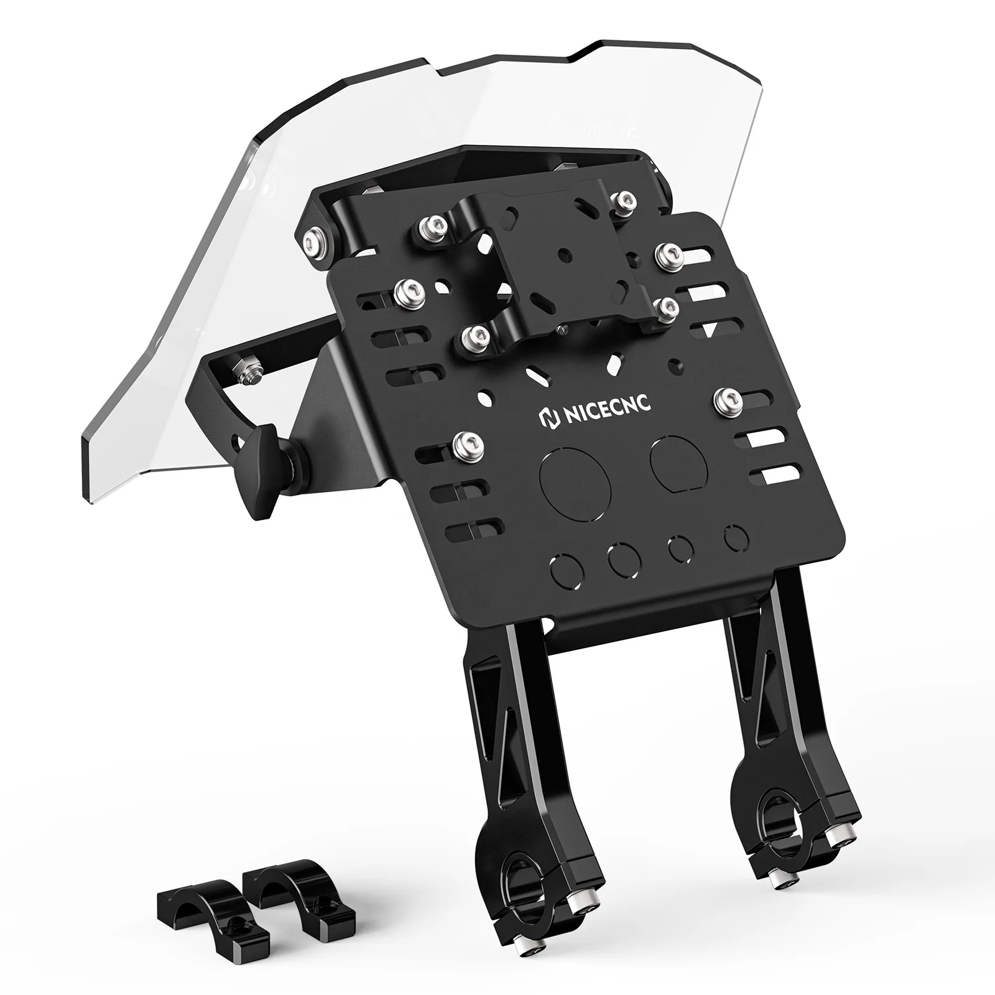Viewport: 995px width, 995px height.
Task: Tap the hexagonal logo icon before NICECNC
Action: click(548, 419)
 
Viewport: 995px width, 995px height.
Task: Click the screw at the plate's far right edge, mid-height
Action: click(725, 402)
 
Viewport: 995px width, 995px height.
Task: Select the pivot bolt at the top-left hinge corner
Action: click(314, 241)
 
